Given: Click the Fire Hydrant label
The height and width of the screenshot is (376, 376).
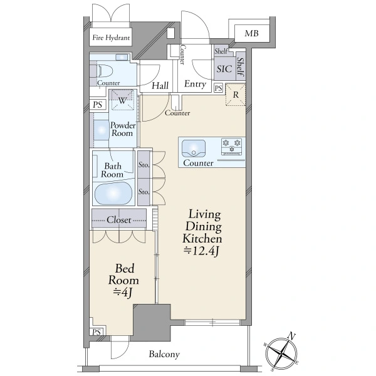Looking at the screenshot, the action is click(111, 38).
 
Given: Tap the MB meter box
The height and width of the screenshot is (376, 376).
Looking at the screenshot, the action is click(252, 33).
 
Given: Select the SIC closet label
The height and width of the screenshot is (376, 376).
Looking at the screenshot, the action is click(224, 69).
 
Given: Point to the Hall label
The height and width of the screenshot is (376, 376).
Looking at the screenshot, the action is click(160, 86).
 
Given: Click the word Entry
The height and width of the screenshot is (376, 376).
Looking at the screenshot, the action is click(195, 84).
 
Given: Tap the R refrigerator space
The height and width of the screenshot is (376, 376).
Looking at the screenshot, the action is click(236, 95).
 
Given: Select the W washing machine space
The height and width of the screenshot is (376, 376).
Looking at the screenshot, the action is click(123, 100).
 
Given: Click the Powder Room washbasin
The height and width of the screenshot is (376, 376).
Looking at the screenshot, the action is click(101, 130).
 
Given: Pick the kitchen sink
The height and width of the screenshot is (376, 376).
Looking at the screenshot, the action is click(194, 149).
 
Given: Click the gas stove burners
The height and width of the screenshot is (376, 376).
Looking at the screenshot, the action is click(231, 146).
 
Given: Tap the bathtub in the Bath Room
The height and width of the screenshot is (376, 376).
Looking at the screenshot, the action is click(113, 193).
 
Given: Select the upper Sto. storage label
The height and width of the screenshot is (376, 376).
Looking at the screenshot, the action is click(144, 165).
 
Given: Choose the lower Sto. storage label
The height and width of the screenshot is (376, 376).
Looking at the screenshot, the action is click(144, 192).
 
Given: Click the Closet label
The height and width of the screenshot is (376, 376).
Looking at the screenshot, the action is click(119, 220).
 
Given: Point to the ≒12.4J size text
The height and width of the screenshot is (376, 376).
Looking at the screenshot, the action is click(201, 251).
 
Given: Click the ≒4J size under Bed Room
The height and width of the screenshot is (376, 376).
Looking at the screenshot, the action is click(123, 293).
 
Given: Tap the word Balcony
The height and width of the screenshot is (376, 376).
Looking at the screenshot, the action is click(164, 354).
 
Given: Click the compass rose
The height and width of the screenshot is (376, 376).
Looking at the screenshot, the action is click(281, 353).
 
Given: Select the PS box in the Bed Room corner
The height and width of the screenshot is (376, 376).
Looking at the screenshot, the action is click(97, 332).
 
